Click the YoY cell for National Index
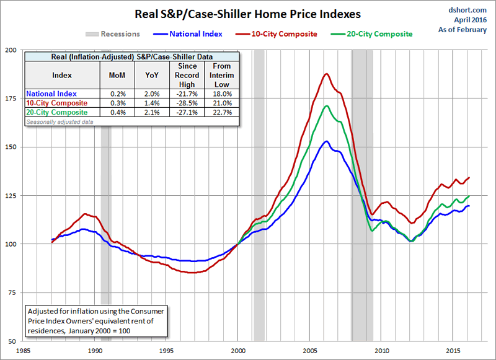(153, 94)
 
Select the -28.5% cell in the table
(187, 103)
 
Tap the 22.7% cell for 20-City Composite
(221, 112)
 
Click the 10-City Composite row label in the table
(57, 103)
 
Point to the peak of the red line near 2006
(326, 74)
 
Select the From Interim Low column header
(221, 75)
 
